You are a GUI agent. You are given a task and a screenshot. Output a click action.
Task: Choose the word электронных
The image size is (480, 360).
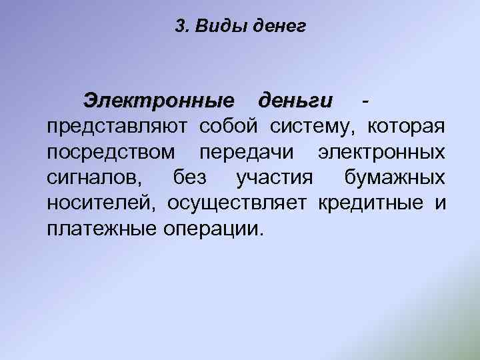tap(381, 153)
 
